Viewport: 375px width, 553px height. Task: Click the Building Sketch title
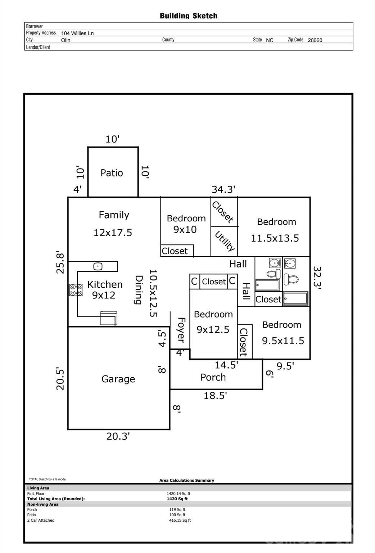coord(188,16)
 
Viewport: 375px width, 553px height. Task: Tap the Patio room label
coord(112,173)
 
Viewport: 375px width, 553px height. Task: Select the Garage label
coord(118,379)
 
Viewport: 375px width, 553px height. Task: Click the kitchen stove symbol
coord(76,290)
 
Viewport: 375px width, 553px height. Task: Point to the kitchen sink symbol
coord(98,266)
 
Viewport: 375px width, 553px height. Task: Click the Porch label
coord(213,377)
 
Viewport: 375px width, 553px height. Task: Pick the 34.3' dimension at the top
coord(223,189)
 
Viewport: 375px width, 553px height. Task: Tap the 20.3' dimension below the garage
coord(118,436)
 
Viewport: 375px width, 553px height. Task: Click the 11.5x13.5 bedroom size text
coord(275,238)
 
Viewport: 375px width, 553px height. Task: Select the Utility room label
coord(225,241)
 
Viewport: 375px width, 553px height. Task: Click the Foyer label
coord(181,330)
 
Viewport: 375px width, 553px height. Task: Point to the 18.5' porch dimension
coord(215,396)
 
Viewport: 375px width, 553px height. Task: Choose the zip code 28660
coord(315,40)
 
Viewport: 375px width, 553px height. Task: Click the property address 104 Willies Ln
coord(77,33)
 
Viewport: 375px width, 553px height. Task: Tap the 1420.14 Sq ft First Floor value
coord(179,494)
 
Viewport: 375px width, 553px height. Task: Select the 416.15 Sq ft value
coord(180,520)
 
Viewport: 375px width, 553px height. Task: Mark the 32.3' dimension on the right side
coord(317,278)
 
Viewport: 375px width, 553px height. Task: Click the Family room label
coord(114,215)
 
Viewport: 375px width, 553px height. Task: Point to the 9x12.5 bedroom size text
coord(213,329)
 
